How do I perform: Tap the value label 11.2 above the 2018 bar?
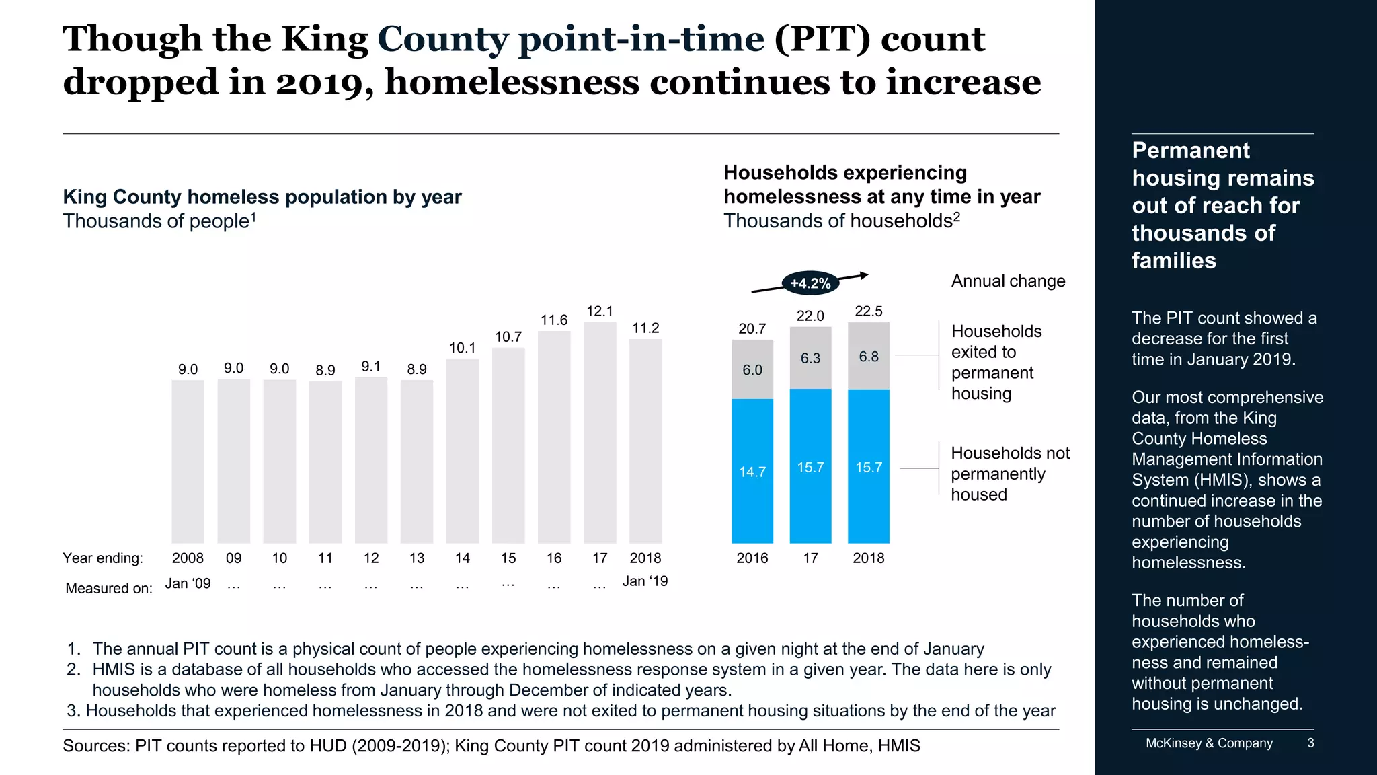pyautogui.click(x=645, y=328)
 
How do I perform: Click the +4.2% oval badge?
pyautogui.click(x=810, y=283)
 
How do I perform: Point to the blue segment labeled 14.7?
pyautogui.click(x=752, y=471)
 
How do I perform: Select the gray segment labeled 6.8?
pyautogui.click(x=869, y=356)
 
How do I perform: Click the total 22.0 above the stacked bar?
pyautogui.click(x=810, y=316)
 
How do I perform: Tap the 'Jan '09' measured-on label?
pyautogui.click(x=188, y=583)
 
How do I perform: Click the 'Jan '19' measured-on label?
pyautogui.click(x=645, y=581)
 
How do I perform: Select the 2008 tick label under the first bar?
pyautogui.click(x=188, y=558)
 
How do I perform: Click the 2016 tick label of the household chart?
pyautogui.click(x=752, y=558)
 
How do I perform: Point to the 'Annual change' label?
pyautogui.click(x=1008, y=281)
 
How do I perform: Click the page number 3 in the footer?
pyautogui.click(x=1310, y=743)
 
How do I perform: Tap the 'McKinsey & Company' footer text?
pyautogui.click(x=1209, y=743)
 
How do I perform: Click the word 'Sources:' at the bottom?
pyautogui.click(x=95, y=746)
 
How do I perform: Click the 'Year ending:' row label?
pyautogui.click(x=103, y=558)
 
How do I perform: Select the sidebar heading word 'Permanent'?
pyautogui.click(x=1190, y=151)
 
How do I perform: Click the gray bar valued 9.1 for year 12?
pyautogui.click(x=371, y=460)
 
